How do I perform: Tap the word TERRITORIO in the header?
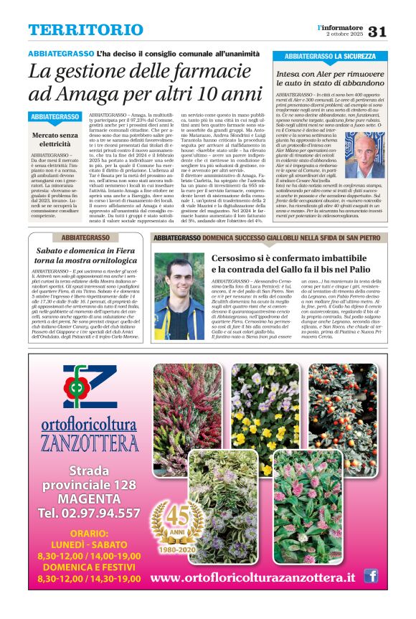[76, 30]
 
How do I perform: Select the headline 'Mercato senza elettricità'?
[55, 139]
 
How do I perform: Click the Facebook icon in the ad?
[371, 575]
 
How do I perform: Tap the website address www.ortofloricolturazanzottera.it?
[253, 577]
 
